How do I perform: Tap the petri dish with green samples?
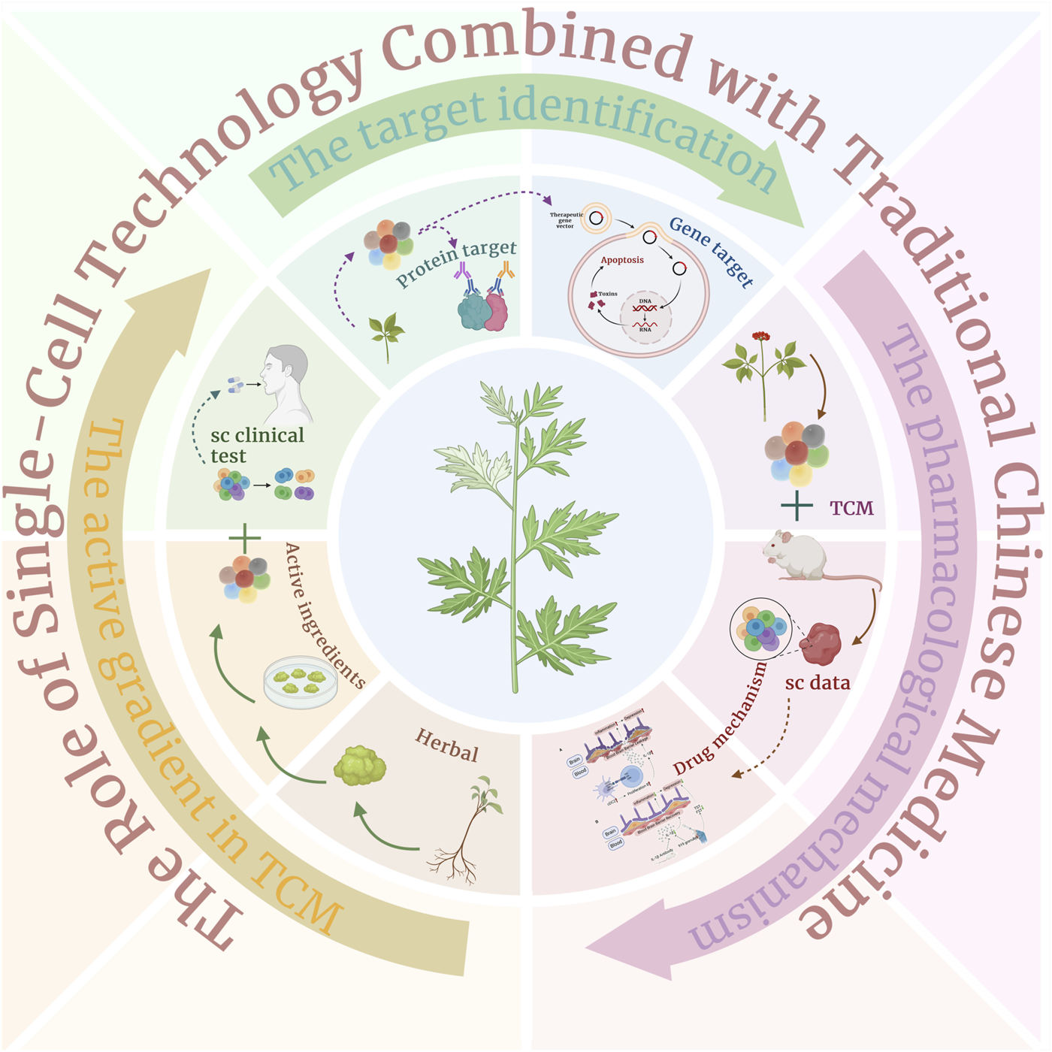301,681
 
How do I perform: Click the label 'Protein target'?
456,262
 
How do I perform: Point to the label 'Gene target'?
711,251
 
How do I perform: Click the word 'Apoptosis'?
622,260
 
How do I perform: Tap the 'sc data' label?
818,683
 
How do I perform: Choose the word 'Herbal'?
447,745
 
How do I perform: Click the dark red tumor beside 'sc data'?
821,643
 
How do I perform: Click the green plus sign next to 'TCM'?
797,507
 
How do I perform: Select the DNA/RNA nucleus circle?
645,316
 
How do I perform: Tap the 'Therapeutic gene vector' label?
565,220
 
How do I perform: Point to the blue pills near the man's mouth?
235,385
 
